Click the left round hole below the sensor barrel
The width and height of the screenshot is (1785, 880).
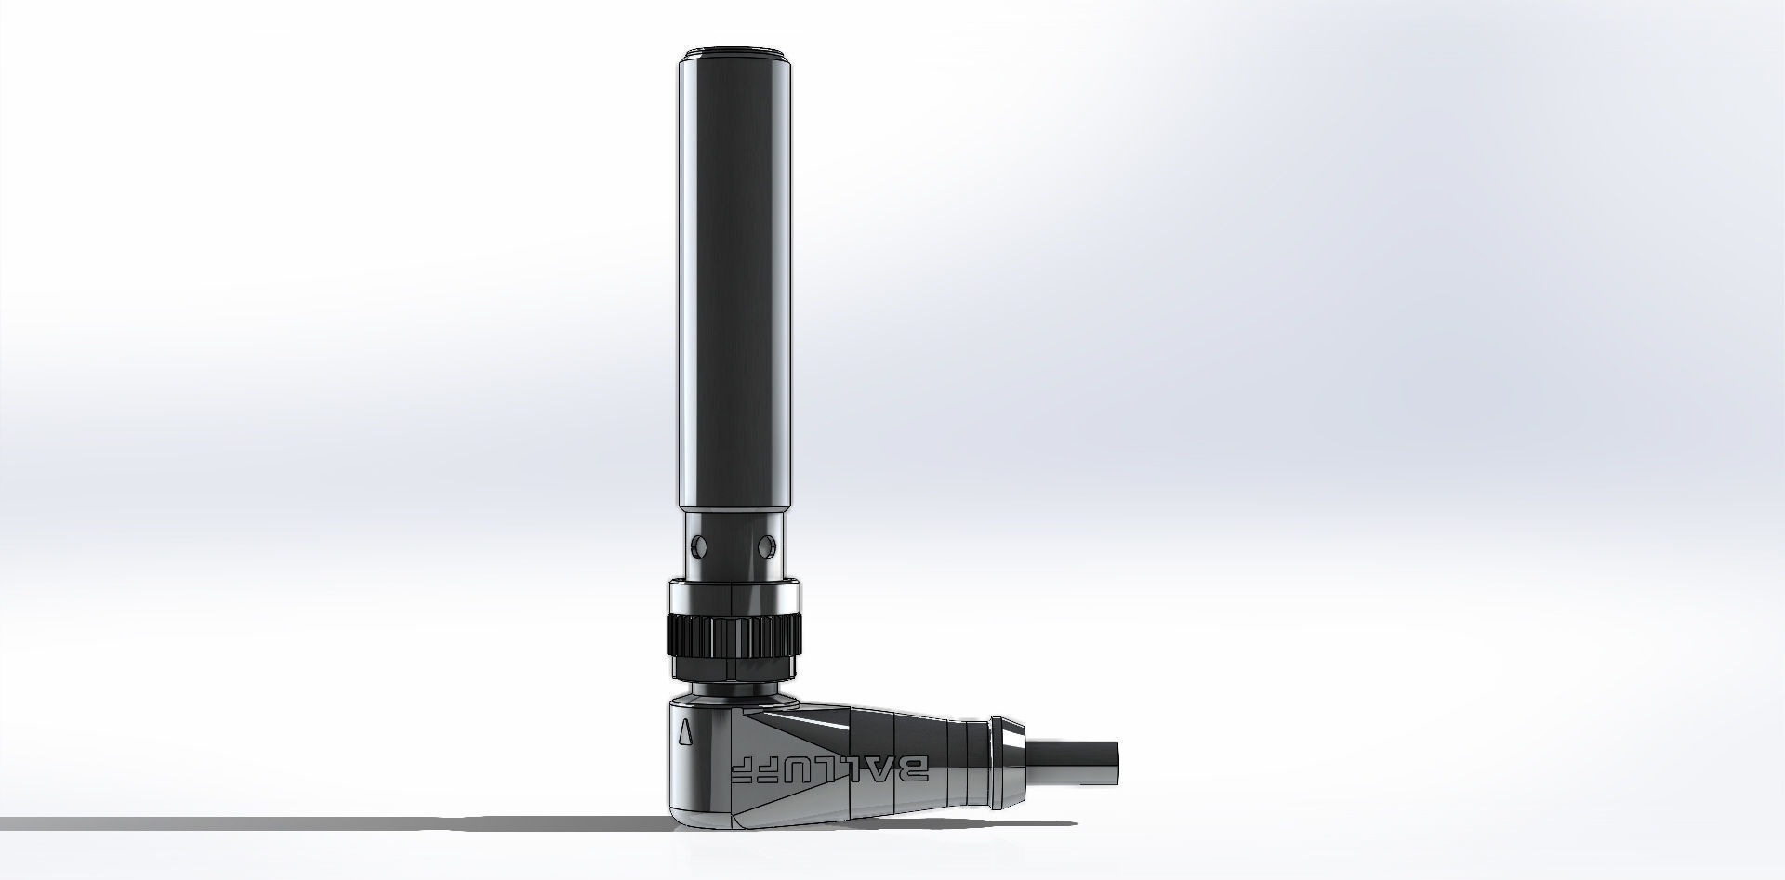[696, 542]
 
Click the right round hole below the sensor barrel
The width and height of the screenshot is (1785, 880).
[767, 542]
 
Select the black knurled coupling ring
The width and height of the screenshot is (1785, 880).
[733, 637]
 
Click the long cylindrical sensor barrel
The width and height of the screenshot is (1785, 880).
[733, 279]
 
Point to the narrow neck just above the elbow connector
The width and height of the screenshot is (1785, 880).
[733, 693]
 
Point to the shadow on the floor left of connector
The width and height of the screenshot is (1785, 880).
[372, 823]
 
